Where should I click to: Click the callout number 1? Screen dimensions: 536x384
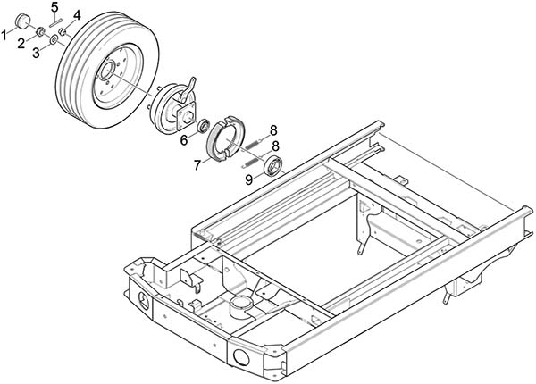4,35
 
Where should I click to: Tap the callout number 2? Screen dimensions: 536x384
21,44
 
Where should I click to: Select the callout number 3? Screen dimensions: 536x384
37,53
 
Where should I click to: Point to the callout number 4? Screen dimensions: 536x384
77,15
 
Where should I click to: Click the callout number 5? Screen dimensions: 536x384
55,6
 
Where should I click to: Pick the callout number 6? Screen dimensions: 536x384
184,139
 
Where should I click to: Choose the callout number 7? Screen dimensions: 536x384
197,165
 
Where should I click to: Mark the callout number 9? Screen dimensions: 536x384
249,179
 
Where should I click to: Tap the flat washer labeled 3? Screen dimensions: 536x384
54,39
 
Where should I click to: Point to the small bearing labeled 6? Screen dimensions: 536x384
204,125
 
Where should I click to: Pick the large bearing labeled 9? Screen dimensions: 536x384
273,166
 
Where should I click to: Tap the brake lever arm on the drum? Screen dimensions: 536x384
189,89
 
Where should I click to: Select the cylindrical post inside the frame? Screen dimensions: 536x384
242,306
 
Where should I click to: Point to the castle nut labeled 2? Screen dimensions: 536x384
40,32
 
